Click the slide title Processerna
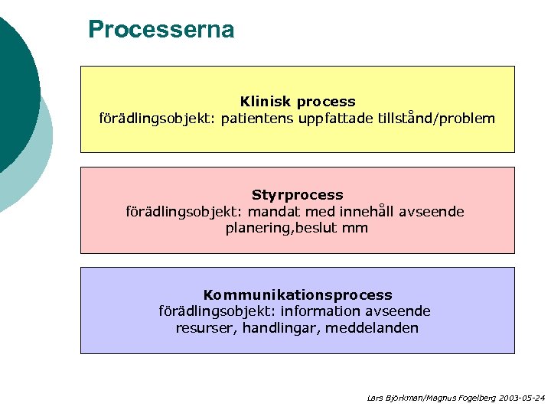point(161,30)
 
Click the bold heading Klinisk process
point(298,102)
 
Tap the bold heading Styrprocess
point(298,195)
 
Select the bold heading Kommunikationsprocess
point(298,294)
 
